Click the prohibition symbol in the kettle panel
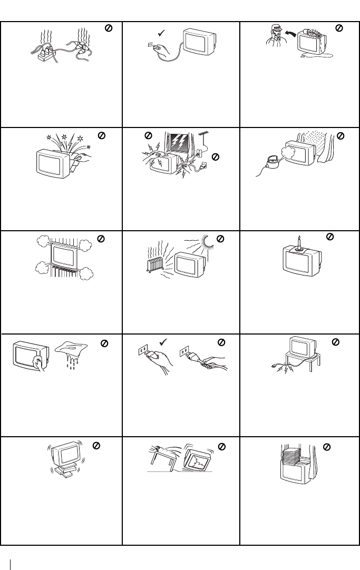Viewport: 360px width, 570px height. coord(340,136)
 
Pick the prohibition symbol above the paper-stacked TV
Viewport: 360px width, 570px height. coord(327,446)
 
